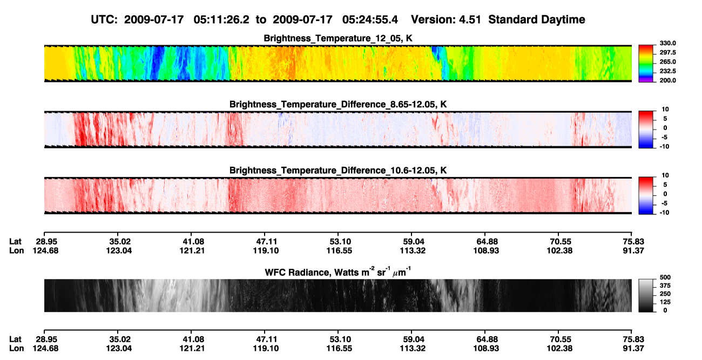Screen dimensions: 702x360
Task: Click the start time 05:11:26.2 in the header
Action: (x=221, y=20)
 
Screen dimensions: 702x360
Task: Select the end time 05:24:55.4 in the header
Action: (x=370, y=20)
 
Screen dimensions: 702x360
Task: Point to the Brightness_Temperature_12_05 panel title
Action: (x=338, y=38)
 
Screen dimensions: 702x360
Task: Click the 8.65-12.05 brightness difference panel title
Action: (x=338, y=104)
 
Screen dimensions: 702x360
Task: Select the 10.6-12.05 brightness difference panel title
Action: (x=338, y=171)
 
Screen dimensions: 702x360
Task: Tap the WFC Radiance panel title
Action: (x=338, y=272)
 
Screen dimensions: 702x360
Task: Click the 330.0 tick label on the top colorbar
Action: (x=667, y=43)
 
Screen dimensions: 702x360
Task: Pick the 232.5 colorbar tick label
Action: (x=667, y=71)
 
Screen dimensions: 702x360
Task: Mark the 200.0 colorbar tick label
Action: (x=667, y=80)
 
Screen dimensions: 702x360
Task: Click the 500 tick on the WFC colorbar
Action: (x=665, y=277)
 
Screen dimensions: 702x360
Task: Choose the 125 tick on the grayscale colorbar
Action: (x=665, y=302)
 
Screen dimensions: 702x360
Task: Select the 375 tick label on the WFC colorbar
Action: (x=665, y=286)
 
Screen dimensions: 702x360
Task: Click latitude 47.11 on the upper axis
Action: (x=266, y=242)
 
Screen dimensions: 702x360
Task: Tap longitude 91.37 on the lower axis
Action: (x=633, y=349)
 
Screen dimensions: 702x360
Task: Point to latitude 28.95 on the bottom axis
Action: (x=46, y=339)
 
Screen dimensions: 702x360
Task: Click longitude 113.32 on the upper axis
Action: (x=413, y=250)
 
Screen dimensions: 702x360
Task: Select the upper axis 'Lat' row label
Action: (x=15, y=242)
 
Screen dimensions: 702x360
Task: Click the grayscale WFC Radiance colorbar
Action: (x=646, y=295)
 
